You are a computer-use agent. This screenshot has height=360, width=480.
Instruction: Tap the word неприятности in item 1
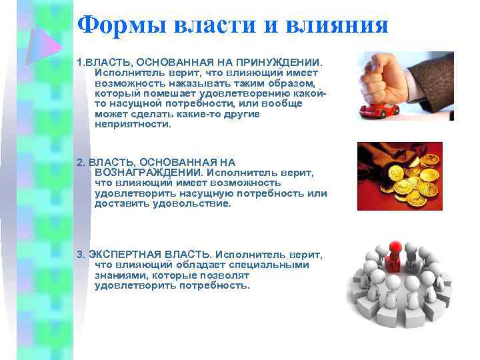click(x=133, y=124)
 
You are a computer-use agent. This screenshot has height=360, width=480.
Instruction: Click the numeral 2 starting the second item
click(x=80, y=162)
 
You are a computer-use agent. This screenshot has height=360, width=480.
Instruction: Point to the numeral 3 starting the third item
click(x=80, y=255)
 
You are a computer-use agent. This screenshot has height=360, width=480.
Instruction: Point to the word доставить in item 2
click(x=119, y=203)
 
